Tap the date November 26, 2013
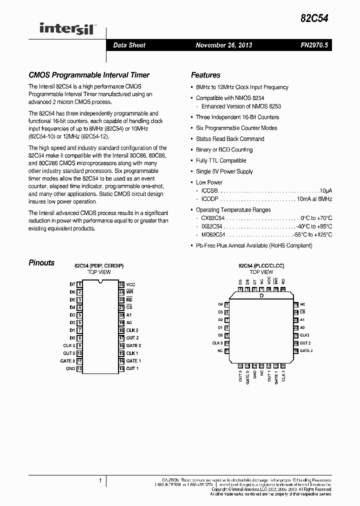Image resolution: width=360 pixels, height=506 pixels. click(223, 45)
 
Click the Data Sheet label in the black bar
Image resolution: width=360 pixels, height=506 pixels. click(129, 45)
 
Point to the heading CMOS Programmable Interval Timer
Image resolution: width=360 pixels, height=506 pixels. click(88, 75)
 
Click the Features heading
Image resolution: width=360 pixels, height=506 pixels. click(205, 75)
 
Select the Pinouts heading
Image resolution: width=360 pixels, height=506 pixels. click(41, 263)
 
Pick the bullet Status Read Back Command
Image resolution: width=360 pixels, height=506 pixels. click(229, 139)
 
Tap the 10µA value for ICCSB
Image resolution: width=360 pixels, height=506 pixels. click(326, 191)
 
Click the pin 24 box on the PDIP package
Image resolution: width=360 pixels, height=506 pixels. click(121, 284)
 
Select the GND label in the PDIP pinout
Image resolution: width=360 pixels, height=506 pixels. click(70, 369)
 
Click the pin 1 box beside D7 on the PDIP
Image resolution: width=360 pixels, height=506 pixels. click(79, 284)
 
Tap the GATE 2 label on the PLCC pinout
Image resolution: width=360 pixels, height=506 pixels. click(306, 351)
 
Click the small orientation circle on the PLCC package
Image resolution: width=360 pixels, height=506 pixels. click(261, 296)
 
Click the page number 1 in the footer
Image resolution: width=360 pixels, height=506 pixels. click(100, 480)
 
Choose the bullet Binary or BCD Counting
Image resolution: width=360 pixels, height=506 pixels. click(224, 150)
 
